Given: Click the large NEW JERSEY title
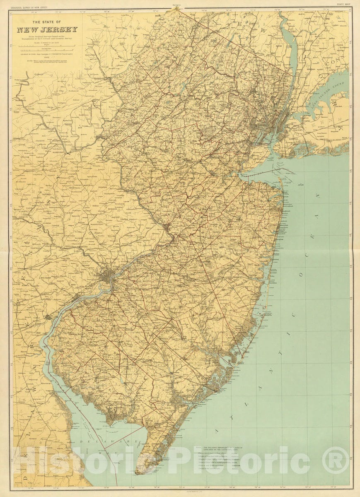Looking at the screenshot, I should point(47,30).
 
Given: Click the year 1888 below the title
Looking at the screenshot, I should point(47,57).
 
